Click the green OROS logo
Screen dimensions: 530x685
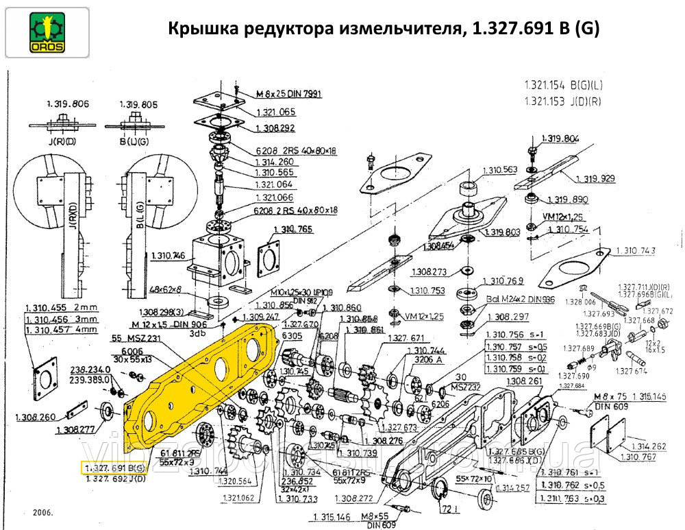[45, 32]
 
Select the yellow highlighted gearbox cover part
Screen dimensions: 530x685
[199, 377]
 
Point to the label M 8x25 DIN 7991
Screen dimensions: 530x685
[279, 93]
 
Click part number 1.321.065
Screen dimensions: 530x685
[276, 112]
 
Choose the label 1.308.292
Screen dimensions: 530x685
[276, 128]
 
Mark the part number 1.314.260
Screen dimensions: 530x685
[276, 162]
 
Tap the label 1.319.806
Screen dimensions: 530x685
[68, 104]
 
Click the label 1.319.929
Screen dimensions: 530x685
[595, 178]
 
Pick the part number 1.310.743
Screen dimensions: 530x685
[637, 251]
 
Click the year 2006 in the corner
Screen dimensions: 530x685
[42, 511]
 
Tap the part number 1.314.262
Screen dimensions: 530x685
[647, 446]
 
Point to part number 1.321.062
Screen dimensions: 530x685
[239, 498]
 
